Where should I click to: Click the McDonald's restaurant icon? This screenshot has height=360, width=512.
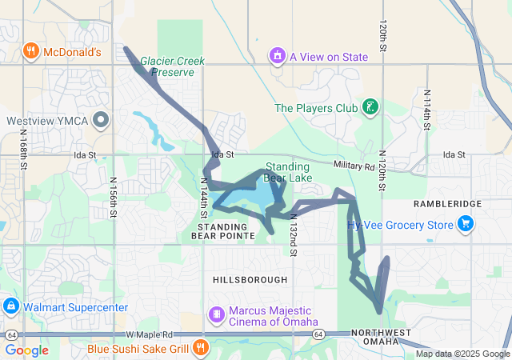point(31,52)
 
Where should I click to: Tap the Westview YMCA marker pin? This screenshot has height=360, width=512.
point(101,121)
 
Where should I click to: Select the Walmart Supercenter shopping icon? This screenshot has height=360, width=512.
point(11,306)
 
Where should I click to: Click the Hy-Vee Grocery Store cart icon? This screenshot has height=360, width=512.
point(466,225)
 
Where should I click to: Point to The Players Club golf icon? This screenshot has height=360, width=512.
point(370,106)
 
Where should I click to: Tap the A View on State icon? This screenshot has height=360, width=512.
point(277,56)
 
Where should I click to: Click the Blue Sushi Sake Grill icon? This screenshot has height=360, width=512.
point(200,348)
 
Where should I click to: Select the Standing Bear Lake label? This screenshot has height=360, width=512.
point(289,172)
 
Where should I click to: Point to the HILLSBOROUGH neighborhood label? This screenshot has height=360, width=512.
point(250,279)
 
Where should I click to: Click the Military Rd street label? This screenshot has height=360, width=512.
point(355,166)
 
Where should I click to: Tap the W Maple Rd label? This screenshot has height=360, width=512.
point(149,334)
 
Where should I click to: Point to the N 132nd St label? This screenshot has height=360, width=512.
point(294,235)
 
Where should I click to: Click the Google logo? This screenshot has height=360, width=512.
point(26,350)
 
